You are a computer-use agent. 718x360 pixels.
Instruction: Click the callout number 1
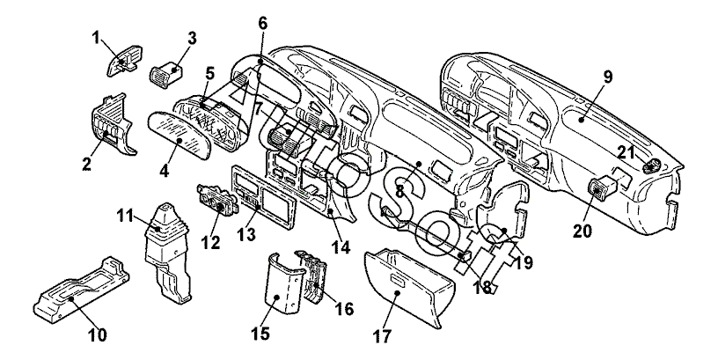pos(96,38)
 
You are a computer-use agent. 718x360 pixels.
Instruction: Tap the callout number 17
pos(382,336)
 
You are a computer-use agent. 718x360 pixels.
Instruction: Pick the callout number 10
pos(98,334)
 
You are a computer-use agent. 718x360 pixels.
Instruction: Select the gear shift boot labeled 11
pos(165,253)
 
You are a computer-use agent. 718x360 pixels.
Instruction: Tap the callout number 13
pos(245,234)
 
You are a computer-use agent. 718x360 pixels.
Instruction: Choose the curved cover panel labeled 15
pos(283,285)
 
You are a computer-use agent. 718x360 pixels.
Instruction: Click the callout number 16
pos(344,309)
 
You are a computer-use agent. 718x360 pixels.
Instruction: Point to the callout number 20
pos(582,231)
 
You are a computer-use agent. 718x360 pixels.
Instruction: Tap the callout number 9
pos(607,77)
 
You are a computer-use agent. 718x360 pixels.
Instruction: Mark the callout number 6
pos(262,22)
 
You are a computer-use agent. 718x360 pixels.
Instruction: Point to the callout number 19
pos(524,262)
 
